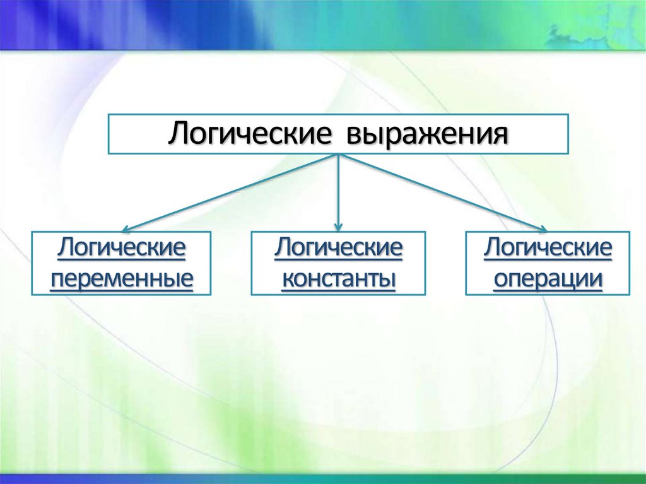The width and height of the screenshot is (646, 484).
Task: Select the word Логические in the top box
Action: [x=250, y=134]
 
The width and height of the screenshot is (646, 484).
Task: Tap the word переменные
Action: [x=121, y=278]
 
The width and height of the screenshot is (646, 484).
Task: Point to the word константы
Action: [x=338, y=278]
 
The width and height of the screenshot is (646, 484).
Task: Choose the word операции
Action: [x=548, y=278]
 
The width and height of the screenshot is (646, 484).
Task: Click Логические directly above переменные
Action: [x=121, y=248]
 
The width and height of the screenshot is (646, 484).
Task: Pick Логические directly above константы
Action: [x=338, y=248]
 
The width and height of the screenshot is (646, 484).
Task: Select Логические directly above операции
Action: [x=548, y=248]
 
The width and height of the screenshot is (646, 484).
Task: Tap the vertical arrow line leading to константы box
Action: [x=339, y=189]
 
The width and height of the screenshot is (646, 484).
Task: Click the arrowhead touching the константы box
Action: [x=339, y=226]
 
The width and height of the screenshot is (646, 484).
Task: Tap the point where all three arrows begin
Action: [x=339, y=155]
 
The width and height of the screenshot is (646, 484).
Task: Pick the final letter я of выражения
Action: [x=502, y=135]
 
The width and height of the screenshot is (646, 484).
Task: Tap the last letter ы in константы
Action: [x=389, y=278]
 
